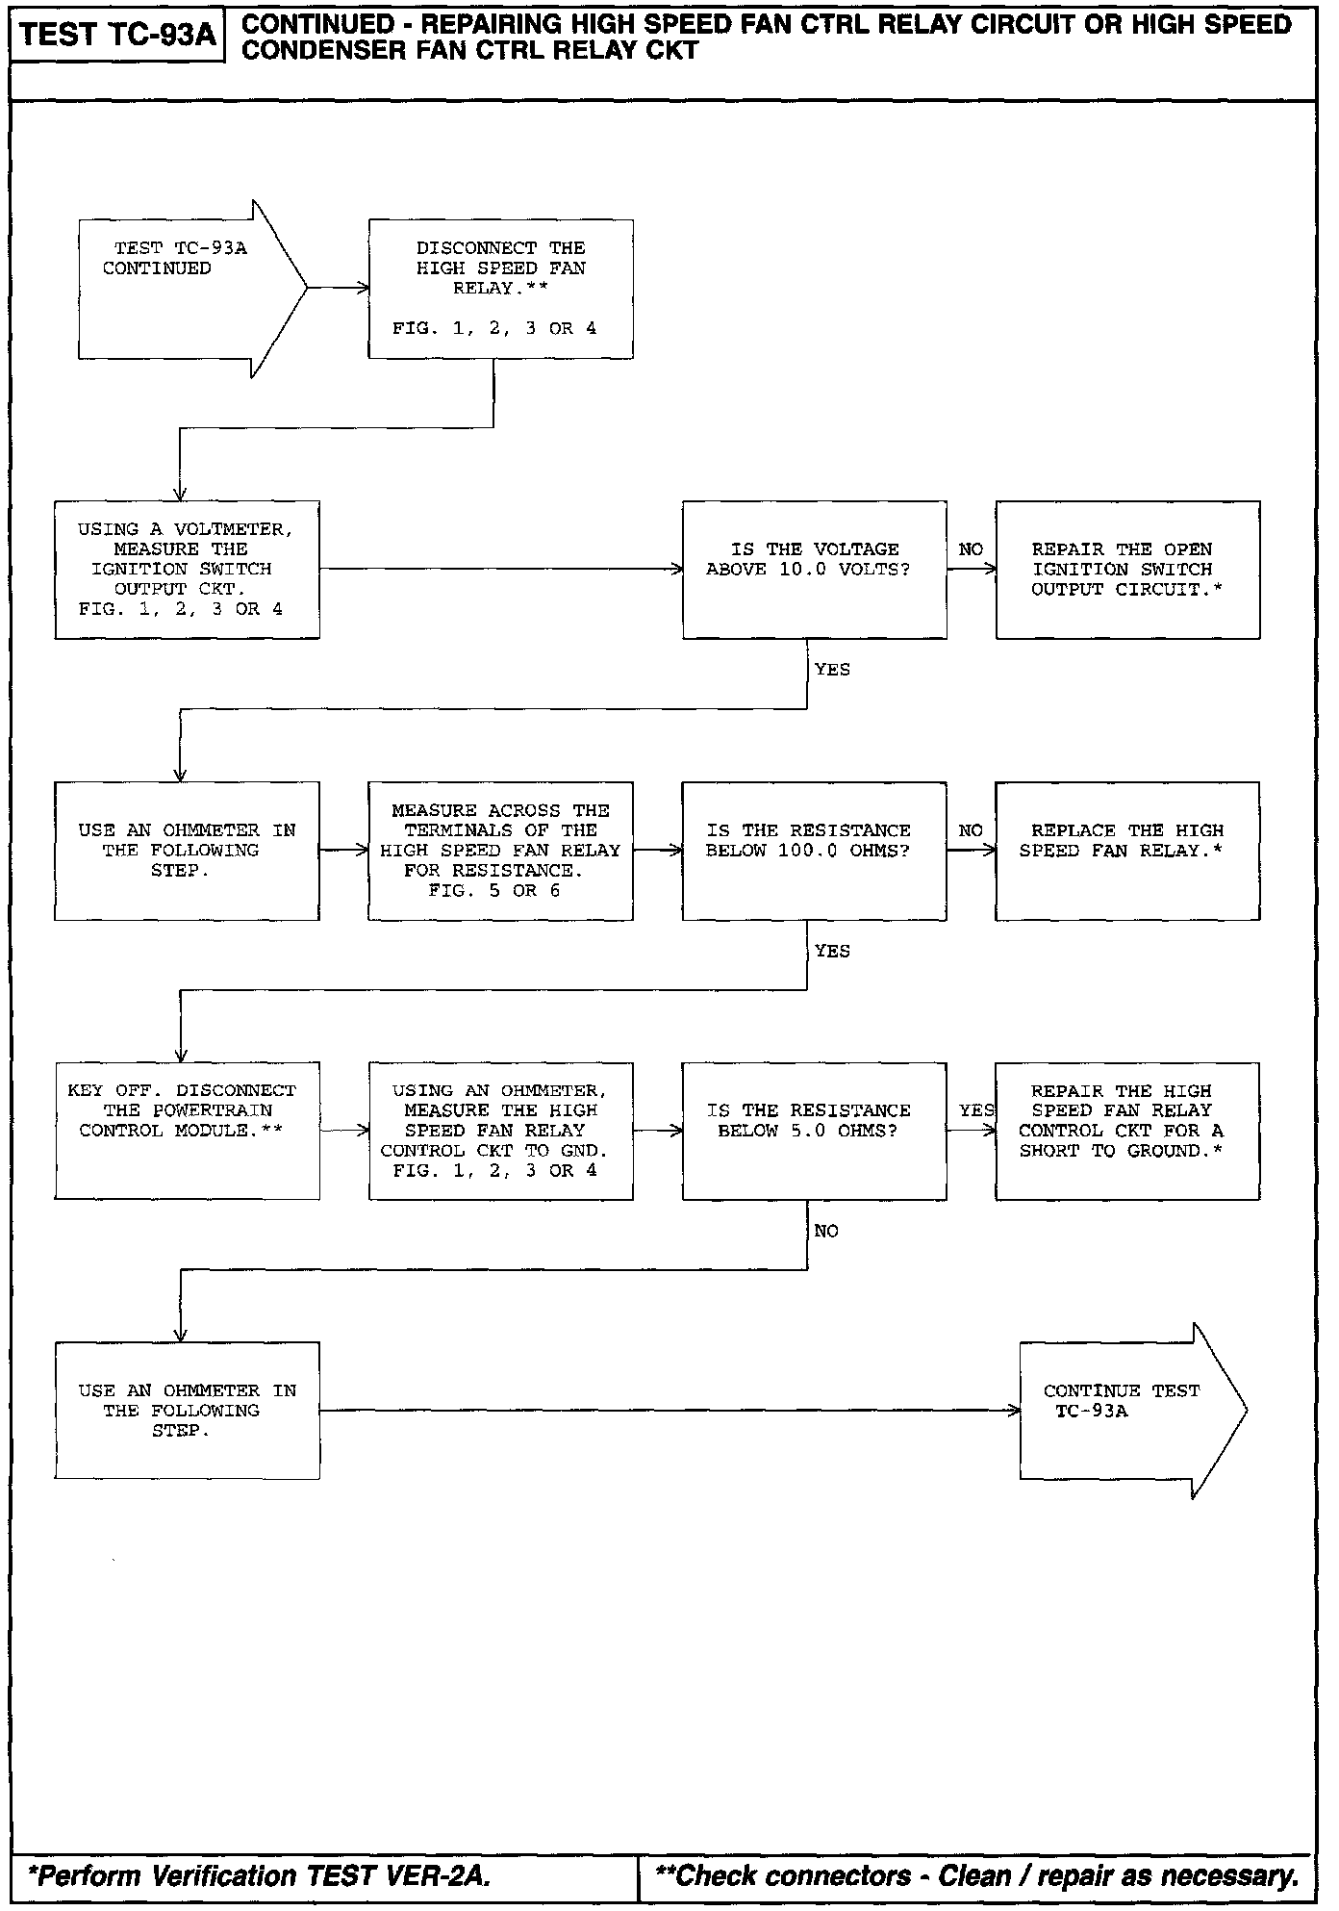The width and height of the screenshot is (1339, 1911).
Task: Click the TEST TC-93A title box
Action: click(117, 35)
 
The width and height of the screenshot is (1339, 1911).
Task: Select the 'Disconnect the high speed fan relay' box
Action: click(500, 289)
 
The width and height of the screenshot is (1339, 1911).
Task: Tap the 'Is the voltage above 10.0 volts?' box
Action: click(814, 569)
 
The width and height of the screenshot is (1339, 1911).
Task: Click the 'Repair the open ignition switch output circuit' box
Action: click(1127, 569)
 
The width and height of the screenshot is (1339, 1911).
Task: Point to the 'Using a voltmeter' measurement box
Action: click(187, 569)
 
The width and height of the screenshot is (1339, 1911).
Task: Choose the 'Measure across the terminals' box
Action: click(500, 851)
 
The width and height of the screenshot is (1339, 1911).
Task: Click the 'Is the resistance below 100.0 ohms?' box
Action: click(814, 851)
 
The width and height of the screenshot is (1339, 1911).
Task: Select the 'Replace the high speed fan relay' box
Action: click(1127, 851)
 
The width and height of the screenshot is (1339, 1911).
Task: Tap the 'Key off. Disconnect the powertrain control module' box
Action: click(187, 1131)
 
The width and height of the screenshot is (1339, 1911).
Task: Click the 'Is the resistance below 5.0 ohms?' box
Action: click(814, 1131)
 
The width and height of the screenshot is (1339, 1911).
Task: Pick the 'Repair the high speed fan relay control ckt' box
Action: click(1127, 1131)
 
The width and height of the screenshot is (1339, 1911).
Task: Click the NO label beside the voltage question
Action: click(971, 549)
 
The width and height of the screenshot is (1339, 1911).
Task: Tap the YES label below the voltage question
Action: click(832, 670)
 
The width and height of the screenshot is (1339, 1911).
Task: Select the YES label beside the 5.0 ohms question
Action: click(975, 1110)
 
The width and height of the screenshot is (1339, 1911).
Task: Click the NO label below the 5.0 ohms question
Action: click(826, 1232)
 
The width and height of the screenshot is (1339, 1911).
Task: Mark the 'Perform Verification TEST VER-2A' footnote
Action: click(260, 1875)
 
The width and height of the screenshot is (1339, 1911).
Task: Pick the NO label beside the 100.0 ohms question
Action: click(971, 830)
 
